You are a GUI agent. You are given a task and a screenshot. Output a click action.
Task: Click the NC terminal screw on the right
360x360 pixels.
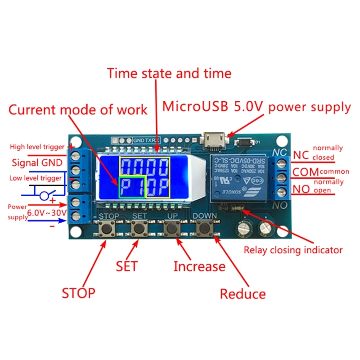[282, 158]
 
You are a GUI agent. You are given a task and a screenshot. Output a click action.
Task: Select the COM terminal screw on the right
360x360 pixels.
[282, 175]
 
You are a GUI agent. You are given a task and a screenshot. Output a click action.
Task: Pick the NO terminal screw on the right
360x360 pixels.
[282, 193]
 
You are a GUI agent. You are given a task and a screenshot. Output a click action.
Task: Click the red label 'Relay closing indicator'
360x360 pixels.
[293, 250]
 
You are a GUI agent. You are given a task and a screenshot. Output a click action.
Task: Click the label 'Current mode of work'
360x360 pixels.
[78, 109]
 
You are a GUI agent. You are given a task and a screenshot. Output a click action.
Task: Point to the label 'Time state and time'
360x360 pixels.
[169, 73]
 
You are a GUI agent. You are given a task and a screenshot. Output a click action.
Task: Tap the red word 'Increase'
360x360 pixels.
[199, 266]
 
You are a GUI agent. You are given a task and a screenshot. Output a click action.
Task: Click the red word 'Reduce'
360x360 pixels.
[243, 294]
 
